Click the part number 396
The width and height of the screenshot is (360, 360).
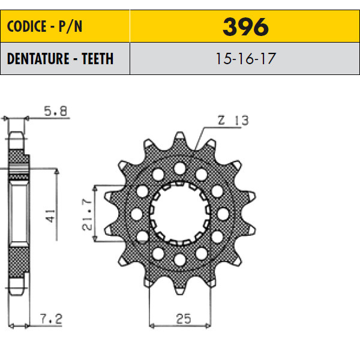(x=245, y=27)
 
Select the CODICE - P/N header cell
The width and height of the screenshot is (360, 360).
(x=65, y=26)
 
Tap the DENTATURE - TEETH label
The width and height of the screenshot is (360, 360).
(x=60, y=59)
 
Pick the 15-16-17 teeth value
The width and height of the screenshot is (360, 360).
(x=245, y=59)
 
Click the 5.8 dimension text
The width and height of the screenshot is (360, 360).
(x=55, y=111)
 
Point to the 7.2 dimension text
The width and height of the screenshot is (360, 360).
(x=51, y=319)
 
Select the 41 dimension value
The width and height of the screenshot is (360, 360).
(x=51, y=216)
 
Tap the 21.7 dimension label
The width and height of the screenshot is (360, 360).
(x=87, y=215)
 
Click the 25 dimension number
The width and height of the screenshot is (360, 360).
(x=184, y=319)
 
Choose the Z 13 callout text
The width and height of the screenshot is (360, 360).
(x=233, y=121)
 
